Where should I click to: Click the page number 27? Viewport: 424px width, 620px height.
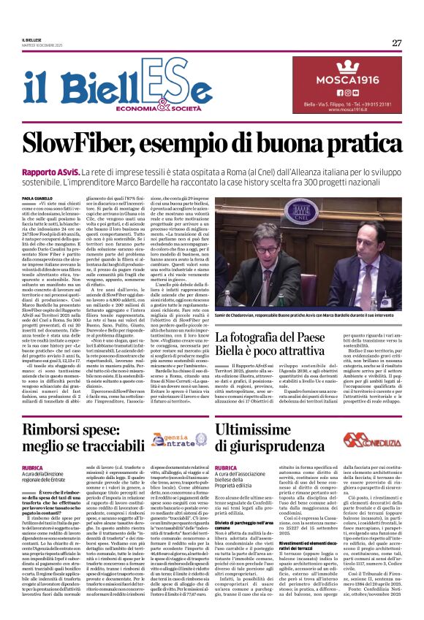tap(396, 42)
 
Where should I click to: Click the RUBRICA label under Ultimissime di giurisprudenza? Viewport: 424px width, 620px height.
tap(226, 467)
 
